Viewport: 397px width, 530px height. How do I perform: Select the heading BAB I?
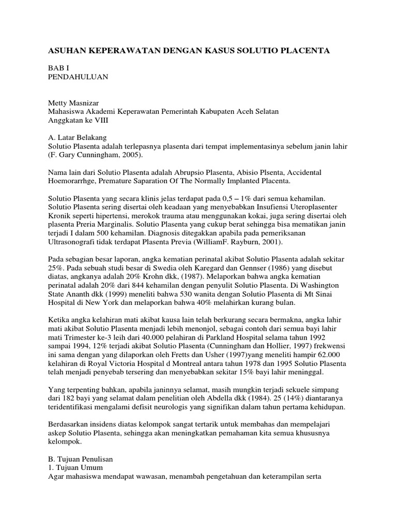(x=58, y=68)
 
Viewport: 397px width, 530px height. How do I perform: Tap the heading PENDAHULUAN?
(x=78, y=77)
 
